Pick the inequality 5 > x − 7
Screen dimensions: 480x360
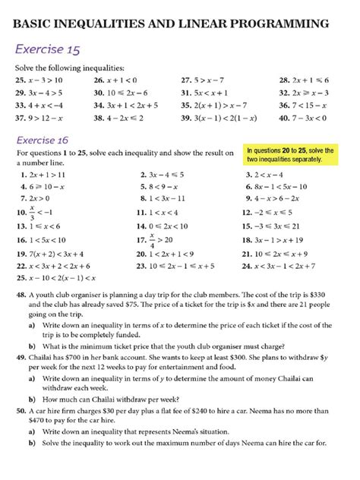(x=211, y=79)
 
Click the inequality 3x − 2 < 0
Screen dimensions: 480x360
(x=311, y=118)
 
